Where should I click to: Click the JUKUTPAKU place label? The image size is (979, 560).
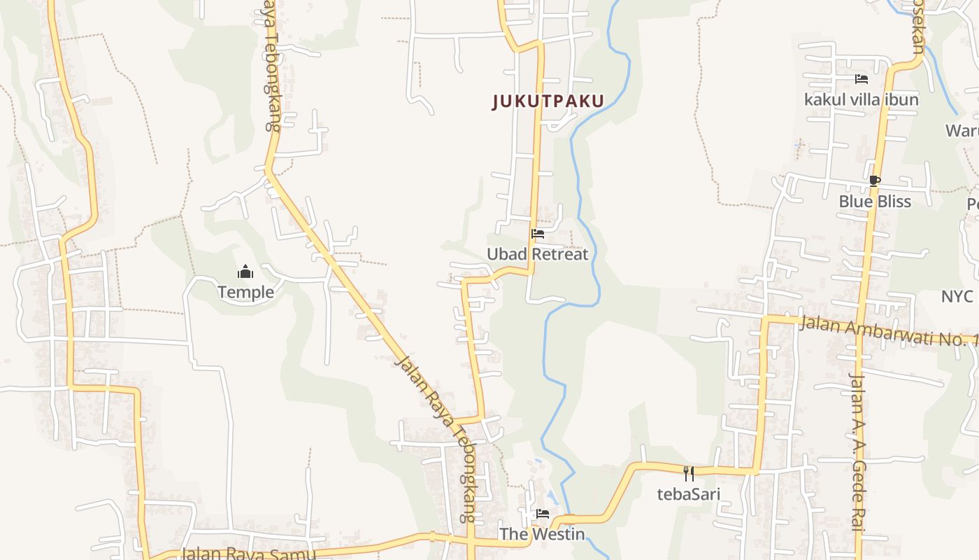[548, 101]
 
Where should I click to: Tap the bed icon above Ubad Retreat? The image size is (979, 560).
[538, 234]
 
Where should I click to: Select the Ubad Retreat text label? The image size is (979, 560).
[538, 254]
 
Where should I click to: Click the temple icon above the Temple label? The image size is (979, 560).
[245, 272]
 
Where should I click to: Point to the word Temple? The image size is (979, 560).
[245, 292]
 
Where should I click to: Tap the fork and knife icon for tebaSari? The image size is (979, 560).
[689, 474]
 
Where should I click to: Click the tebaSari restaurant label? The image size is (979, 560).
[689, 494]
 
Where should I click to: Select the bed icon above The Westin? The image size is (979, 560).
[542, 514]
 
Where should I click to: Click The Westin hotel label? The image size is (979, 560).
[542, 534]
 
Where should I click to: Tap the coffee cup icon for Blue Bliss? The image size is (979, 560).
[874, 181]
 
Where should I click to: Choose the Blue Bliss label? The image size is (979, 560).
[875, 202]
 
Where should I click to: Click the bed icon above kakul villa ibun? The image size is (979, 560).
[862, 79]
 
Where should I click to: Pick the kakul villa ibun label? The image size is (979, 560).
[862, 99]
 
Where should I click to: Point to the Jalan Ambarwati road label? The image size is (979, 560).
[888, 330]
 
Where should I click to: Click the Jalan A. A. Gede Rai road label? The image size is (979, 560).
[857, 451]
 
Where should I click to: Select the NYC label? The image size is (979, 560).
[957, 296]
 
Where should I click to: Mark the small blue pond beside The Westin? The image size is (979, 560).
[552, 496]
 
